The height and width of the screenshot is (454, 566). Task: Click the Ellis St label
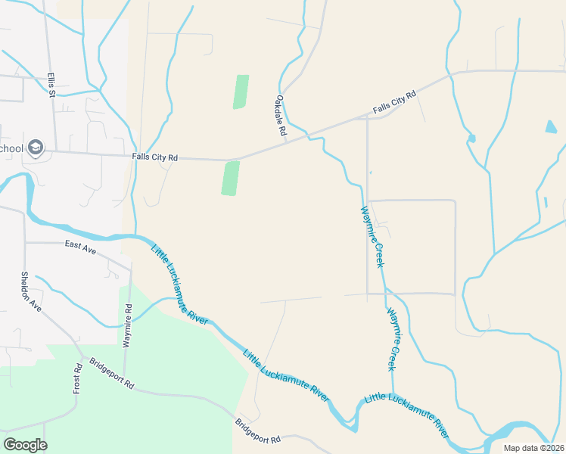pos(51,85)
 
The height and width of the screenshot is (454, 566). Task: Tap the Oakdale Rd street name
pos(281,116)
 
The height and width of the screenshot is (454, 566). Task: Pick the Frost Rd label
pos(77,378)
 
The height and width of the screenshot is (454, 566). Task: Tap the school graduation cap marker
pos(35,148)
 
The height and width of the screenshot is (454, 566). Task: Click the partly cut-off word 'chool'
pos(11,148)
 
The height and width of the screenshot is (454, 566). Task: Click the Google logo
pos(25,445)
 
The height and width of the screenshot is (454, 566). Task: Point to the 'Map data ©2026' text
pos(533,448)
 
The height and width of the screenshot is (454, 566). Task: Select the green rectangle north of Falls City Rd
pos(241,92)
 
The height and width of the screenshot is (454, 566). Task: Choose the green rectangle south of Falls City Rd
pos(231,178)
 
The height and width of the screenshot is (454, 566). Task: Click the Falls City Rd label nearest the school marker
pos(154,157)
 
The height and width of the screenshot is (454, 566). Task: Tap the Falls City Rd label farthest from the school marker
pos(394,104)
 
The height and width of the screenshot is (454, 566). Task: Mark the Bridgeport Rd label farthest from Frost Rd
pos(257,431)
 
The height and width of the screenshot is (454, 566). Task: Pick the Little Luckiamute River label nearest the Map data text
pos(406,415)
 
